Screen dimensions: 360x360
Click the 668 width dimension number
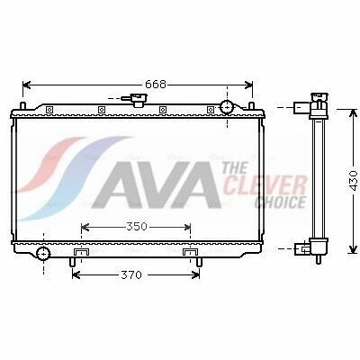(156, 85)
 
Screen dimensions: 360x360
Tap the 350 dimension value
(137, 227)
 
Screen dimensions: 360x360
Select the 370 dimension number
(131, 274)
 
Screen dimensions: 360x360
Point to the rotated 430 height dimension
(354, 181)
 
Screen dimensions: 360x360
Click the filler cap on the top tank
(138, 100)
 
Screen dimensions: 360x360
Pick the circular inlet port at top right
(227, 107)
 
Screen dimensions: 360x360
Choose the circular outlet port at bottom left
(43, 254)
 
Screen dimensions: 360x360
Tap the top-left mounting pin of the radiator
(23, 106)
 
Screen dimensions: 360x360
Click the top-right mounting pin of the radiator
(252, 106)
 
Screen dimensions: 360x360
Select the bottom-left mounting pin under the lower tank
(72, 262)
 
